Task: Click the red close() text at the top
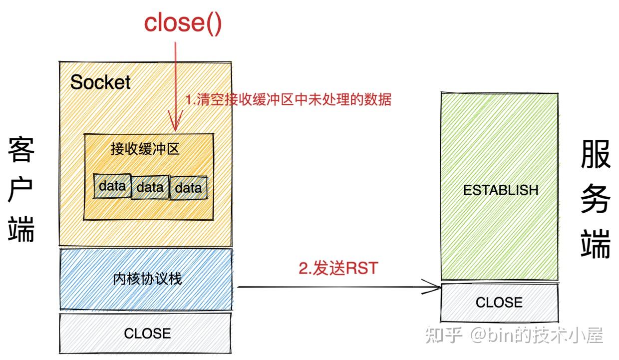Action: pos(182,23)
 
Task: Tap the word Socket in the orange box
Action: pos(100,82)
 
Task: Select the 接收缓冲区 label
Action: pos(145,149)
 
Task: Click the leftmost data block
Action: pos(112,186)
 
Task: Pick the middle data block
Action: pos(150,187)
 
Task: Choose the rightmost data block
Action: pos(188,188)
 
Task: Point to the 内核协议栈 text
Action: pos(147,279)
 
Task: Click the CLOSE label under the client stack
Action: pos(147,333)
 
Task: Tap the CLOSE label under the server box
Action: pos(499,302)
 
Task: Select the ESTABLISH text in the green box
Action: pos(501,190)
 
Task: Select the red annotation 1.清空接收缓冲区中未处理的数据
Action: pos(289,99)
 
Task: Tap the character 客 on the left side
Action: pos(21,150)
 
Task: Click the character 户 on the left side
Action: pos(21,190)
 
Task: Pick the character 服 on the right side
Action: pos(596,155)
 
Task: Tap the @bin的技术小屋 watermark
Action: pos(536,335)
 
